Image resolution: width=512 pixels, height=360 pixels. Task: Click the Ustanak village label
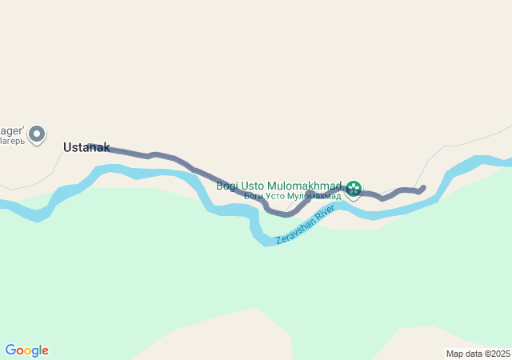click(86, 148)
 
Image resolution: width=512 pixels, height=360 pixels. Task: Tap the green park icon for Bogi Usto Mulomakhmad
click(354, 189)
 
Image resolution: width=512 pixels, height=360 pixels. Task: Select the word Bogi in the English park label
click(228, 186)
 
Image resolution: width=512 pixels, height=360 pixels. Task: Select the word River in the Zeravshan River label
click(325, 213)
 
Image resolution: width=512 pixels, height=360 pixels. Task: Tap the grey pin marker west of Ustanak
click(37, 134)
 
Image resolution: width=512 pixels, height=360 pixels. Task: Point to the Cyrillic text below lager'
click(12, 141)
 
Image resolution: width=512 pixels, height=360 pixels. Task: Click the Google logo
click(26, 350)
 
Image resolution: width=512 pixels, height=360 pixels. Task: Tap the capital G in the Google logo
click(10, 350)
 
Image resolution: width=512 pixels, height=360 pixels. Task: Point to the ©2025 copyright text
click(497, 354)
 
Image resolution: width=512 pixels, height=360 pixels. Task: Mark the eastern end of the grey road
click(422, 188)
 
